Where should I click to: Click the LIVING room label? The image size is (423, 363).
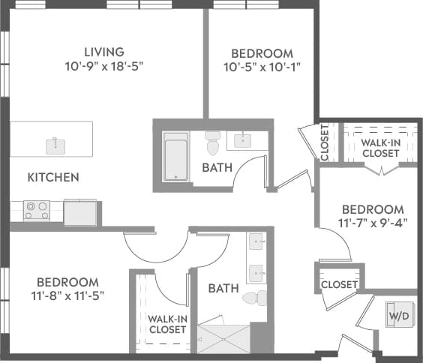coord(103,52)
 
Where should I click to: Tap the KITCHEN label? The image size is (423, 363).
coord(53,178)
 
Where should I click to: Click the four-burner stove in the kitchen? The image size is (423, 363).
coord(36,210)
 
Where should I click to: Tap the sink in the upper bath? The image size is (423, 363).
coord(244,139)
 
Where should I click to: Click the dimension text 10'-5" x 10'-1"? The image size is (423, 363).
coord(261,67)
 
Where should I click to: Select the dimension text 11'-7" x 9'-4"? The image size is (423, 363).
coord(373,223)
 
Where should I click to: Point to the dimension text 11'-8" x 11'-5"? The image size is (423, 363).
coord(67,295)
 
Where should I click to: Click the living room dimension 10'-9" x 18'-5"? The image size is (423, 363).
coord(103,66)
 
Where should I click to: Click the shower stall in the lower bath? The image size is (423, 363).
coord(223,338)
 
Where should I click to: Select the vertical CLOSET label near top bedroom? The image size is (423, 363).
coord(325,142)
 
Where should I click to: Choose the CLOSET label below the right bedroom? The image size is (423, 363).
coord(339,285)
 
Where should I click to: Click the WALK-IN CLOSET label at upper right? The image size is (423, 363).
coord(380,148)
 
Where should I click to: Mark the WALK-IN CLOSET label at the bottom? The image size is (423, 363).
coord(166,324)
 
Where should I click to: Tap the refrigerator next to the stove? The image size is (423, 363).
coord(79,212)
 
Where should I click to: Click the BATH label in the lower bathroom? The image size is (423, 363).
coord(223,288)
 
